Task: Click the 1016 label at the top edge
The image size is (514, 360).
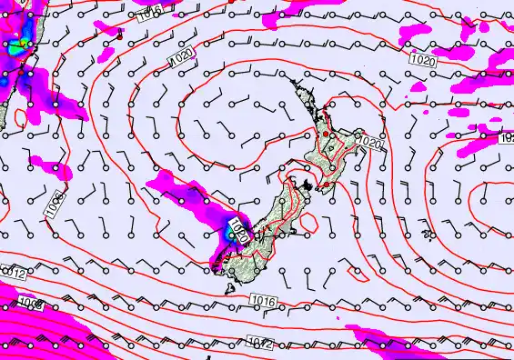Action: pyautogui.click(x=152, y=10)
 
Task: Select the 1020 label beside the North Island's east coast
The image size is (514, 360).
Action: pyautogui.click(x=368, y=143)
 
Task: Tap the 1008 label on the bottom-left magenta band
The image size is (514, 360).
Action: pyautogui.click(x=30, y=305)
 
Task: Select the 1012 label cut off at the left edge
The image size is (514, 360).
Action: pyautogui.click(x=11, y=272)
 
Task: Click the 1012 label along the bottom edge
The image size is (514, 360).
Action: pyautogui.click(x=258, y=343)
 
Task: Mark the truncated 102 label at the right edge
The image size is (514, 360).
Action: pyautogui.click(x=507, y=139)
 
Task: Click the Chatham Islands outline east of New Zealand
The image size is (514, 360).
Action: pyautogui.click(x=428, y=235)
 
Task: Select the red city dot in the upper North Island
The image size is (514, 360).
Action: pyautogui.click(x=332, y=134)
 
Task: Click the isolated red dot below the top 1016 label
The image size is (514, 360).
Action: pyautogui.click(x=118, y=37)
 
